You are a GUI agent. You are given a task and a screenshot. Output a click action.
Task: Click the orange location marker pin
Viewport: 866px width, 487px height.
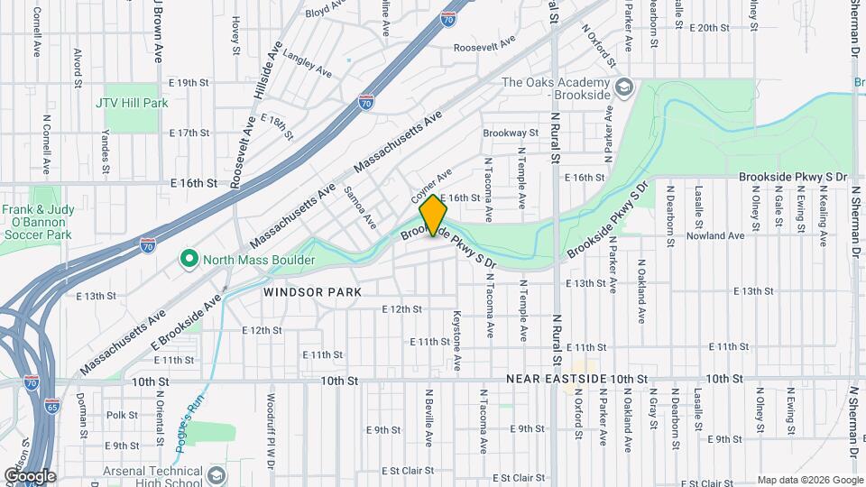tap(433, 216)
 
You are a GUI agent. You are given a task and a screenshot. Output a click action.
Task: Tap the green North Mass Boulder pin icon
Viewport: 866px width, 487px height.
tap(189, 260)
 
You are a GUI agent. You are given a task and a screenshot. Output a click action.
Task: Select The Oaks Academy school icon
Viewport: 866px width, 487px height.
tap(625, 88)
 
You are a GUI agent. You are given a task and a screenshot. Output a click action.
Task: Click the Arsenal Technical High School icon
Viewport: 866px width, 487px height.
tap(216, 475)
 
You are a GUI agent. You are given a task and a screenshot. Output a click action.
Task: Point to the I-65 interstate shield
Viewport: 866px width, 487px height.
tap(51, 406)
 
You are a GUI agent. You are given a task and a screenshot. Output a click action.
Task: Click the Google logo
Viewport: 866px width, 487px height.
tap(29, 475)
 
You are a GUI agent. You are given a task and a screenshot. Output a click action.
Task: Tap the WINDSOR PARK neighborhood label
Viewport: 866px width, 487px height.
tap(312, 292)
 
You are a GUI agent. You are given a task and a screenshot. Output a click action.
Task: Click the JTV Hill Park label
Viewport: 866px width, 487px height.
tap(132, 103)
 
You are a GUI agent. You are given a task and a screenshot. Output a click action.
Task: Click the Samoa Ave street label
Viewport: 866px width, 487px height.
tap(358, 207)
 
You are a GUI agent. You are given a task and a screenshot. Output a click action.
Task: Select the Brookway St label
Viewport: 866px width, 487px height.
tap(510, 133)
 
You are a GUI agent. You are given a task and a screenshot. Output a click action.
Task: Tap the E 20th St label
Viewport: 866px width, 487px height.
tap(708, 28)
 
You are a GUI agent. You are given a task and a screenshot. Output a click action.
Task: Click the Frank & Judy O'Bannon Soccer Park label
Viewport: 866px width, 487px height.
tap(35, 222)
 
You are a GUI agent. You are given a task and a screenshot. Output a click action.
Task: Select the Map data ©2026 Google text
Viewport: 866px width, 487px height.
tap(809, 480)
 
